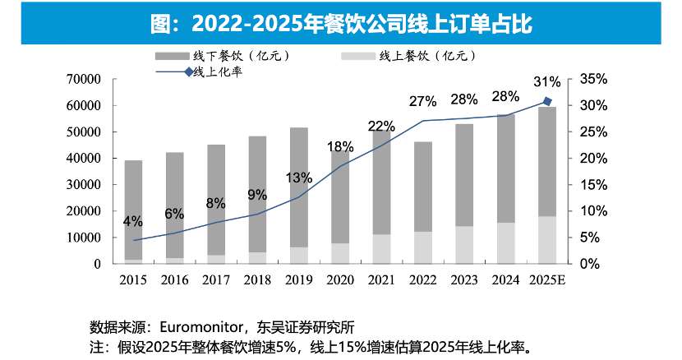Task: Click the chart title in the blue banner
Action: [341, 23]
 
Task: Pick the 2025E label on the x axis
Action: [547, 280]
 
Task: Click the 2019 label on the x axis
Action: [299, 280]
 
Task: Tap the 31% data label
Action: [546, 82]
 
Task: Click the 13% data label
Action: [299, 178]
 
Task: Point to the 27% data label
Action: [422, 101]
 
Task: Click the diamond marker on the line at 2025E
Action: [547, 101]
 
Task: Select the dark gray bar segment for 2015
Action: [133, 210]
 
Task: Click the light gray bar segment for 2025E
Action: [547, 240]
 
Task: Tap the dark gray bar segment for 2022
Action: [422, 186]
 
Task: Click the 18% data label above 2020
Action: [340, 147]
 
